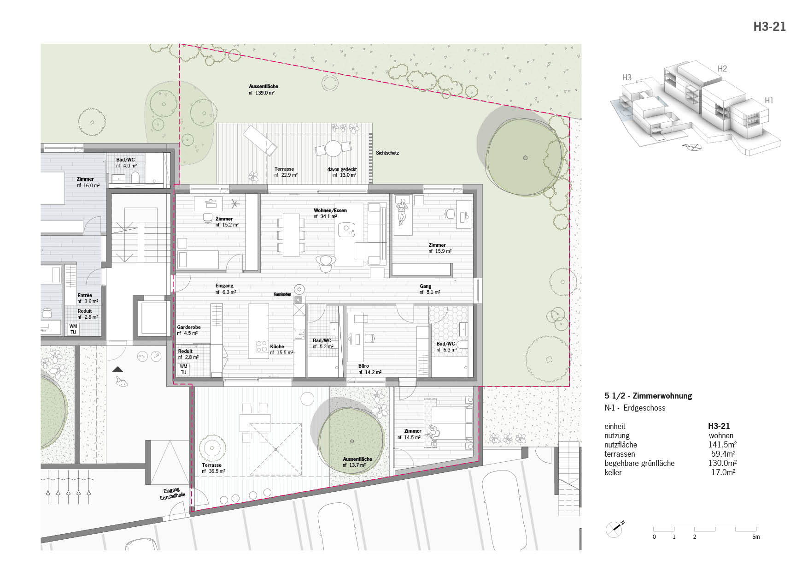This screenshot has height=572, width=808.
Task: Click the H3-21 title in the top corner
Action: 769,27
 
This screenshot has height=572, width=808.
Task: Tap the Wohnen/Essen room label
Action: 330,210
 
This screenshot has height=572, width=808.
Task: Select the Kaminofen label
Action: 282,294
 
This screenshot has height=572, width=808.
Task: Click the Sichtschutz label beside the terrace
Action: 387,153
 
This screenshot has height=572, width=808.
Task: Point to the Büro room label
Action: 364,366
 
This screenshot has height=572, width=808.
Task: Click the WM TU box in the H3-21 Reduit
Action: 183,369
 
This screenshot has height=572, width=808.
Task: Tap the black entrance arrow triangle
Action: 118,369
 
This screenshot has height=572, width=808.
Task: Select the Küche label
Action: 277,346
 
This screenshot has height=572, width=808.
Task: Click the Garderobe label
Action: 189,327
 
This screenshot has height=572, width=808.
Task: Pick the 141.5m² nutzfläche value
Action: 722,445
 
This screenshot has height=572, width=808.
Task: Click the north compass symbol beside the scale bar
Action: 615,529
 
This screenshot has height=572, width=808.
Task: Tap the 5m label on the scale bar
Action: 756,537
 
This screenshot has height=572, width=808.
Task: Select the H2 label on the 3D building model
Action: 722,69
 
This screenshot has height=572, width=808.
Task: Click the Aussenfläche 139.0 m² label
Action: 263,89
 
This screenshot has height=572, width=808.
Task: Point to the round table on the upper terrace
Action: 333,149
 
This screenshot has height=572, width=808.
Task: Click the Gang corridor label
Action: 426,286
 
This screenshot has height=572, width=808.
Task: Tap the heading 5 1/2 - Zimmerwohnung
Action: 648,396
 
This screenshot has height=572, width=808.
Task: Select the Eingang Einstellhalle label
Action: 172,494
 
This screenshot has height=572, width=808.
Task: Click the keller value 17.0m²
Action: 723,472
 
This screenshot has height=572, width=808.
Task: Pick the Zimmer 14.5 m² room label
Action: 410,434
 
